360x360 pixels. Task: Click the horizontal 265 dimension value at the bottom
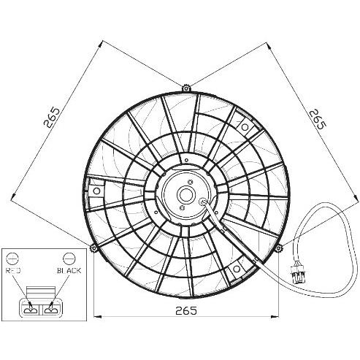point(186,310)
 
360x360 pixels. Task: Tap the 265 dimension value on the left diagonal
point(52,118)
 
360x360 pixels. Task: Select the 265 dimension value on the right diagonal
point(318,119)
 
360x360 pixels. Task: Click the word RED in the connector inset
point(13,270)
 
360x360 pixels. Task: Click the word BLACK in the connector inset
point(69,270)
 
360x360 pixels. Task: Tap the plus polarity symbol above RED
point(12,258)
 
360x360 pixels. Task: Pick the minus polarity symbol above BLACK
point(69,258)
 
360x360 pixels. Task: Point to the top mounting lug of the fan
point(186,88)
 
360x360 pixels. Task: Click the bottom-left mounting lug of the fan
point(93,248)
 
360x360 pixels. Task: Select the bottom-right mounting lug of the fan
point(278,248)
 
